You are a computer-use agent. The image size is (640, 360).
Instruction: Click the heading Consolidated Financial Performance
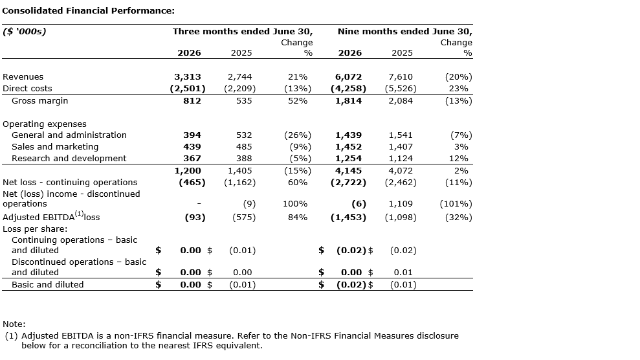point(88,10)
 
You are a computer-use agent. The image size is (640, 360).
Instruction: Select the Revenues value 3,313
point(188,77)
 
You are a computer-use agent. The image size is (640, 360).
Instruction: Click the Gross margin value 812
point(192,100)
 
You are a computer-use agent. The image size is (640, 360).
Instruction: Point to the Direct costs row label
point(27,88)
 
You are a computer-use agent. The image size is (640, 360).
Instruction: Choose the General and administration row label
point(69,135)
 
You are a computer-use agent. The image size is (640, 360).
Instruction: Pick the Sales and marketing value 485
point(244,146)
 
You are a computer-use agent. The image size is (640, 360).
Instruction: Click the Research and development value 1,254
point(349,158)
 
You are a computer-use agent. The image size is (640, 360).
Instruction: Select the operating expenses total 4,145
point(349,170)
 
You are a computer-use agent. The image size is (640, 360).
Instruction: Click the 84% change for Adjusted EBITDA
point(298,217)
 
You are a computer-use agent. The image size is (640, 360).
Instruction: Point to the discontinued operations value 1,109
point(401,204)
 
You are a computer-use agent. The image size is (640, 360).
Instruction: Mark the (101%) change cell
point(456,204)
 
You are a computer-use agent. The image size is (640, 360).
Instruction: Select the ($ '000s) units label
point(25,32)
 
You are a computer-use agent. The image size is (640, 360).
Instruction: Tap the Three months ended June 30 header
point(243,32)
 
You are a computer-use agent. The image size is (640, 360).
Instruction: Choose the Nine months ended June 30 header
point(405,32)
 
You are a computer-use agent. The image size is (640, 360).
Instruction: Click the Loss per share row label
point(35,229)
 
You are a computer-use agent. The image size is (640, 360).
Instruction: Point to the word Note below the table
point(14,324)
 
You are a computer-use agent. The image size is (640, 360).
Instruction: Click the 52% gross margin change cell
point(298,100)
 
